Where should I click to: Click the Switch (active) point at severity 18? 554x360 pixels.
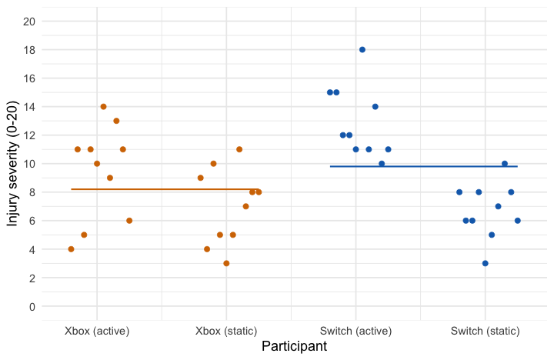tap(362, 50)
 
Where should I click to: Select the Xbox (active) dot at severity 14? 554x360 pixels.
tap(103, 107)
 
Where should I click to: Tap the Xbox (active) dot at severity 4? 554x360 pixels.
tap(71, 249)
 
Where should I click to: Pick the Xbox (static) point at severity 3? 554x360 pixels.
tap(226, 263)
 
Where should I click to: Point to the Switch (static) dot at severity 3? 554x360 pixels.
tap(486, 263)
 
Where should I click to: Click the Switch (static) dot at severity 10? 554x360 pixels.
tap(505, 164)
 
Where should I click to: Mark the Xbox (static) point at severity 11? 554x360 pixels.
tap(239, 149)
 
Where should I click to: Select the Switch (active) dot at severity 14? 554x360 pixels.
tap(375, 107)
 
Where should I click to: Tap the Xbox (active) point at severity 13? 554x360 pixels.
tap(116, 121)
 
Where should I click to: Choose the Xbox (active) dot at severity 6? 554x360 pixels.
tap(129, 221)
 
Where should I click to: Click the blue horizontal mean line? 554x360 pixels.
tap(423, 166)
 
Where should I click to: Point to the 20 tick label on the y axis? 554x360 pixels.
tap(28, 22)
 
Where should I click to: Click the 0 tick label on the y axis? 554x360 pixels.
tap(32, 307)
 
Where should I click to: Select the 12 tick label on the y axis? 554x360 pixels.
tap(28, 135)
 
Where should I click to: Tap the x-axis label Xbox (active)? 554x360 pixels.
tap(97, 331)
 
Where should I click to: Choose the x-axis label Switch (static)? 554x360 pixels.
tap(486, 331)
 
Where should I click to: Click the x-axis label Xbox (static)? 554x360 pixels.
tap(226, 331)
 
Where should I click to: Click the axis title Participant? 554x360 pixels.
tap(295, 347)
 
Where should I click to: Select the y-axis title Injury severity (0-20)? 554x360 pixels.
tap(12, 164)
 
